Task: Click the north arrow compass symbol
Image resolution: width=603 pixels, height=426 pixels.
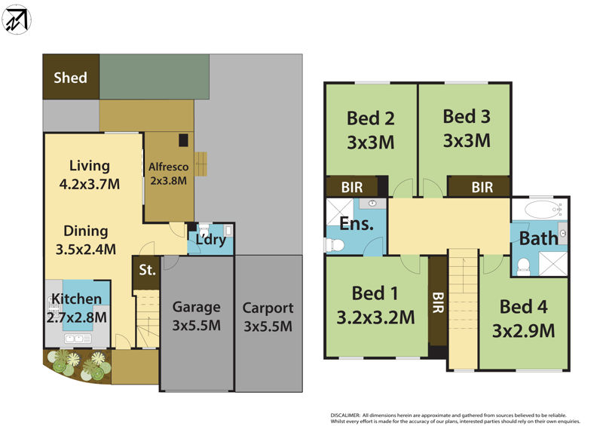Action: (17, 20)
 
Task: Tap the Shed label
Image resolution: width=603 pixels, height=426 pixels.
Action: (70, 78)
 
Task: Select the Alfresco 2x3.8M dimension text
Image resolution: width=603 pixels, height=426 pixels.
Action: (168, 180)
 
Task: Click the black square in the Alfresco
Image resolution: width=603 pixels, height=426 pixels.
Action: (183, 140)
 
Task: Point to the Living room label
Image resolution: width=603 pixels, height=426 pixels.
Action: (90, 166)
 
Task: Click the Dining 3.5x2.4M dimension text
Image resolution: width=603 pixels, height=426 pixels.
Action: (86, 250)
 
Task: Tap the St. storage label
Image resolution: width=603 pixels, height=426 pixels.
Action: (147, 270)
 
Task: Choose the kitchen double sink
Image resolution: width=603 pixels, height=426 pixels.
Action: (78, 339)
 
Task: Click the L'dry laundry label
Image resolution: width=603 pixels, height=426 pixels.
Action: (211, 240)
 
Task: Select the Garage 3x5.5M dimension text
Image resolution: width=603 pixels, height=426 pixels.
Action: (197, 326)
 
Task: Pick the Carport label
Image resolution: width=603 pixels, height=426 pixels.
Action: (268, 308)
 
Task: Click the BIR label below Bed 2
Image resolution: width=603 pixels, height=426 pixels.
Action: (352, 188)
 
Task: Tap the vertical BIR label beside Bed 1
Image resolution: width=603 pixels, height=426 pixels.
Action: (438, 302)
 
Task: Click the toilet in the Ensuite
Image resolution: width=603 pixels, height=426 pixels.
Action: (334, 245)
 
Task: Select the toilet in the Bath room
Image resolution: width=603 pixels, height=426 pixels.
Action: (523, 267)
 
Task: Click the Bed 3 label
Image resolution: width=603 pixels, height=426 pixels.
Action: (467, 116)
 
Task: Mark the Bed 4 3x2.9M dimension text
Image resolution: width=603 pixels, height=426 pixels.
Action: (523, 331)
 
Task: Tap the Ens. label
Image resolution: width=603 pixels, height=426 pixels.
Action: (357, 224)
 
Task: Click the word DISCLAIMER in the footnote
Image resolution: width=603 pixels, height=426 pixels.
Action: (345, 415)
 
